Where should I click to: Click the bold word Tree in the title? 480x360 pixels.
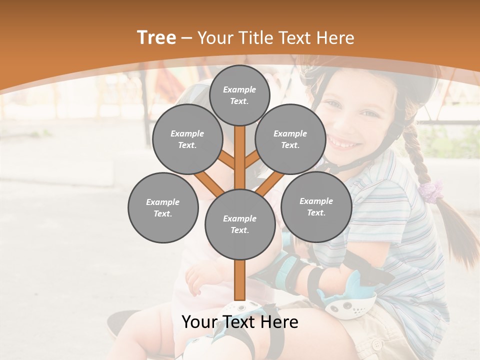click(x=156, y=37)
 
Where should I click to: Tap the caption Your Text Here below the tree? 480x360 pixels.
click(x=239, y=322)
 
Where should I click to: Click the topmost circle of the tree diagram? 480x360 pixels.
click(x=239, y=95)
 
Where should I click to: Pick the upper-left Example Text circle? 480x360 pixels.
click(x=187, y=139)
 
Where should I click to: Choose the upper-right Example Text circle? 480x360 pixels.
click(x=290, y=139)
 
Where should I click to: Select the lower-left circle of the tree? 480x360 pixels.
click(x=163, y=207)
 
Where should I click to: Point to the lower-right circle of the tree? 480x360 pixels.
click(x=316, y=206)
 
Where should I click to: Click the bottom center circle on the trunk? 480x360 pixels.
click(x=239, y=224)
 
